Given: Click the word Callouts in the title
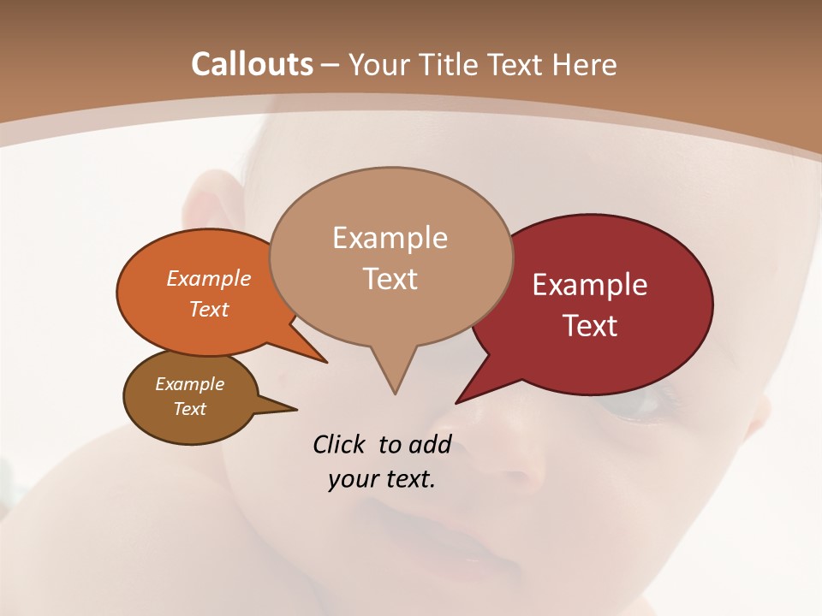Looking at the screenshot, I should click(x=252, y=64).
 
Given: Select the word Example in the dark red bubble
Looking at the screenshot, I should click(x=590, y=285).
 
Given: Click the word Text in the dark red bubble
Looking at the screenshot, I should click(x=590, y=326).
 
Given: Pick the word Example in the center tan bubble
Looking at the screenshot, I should click(x=390, y=238).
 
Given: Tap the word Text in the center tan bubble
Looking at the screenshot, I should click(x=390, y=279).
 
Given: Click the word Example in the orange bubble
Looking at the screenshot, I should click(x=208, y=279).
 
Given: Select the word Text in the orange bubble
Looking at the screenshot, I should click(x=208, y=309).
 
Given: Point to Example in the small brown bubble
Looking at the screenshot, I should click(x=189, y=384).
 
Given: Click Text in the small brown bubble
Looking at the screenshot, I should click(x=189, y=409).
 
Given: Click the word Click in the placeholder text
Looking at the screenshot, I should click(x=340, y=444).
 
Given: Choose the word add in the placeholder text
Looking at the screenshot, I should click(x=429, y=444).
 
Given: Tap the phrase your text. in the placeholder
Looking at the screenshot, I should click(x=382, y=479).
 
